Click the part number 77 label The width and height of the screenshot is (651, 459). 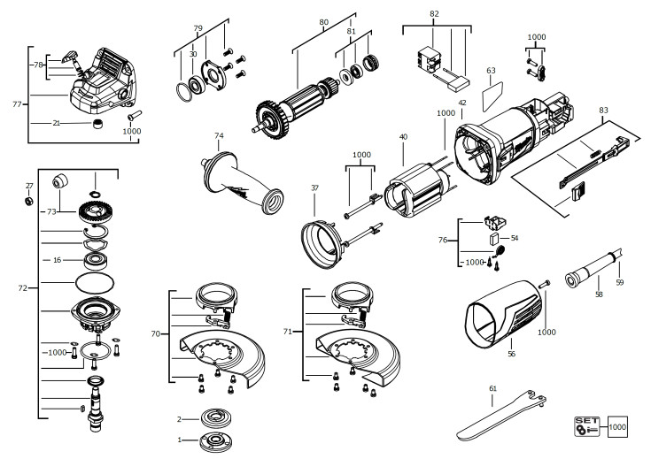(x=17, y=104)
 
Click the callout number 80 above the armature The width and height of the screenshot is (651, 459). (x=323, y=20)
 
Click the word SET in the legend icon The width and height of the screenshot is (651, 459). (x=585, y=419)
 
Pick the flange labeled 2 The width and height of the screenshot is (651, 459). (x=213, y=418)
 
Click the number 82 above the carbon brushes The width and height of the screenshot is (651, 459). (x=433, y=15)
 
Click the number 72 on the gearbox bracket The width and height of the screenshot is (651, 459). (x=23, y=288)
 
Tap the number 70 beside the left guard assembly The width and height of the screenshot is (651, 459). (x=156, y=333)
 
